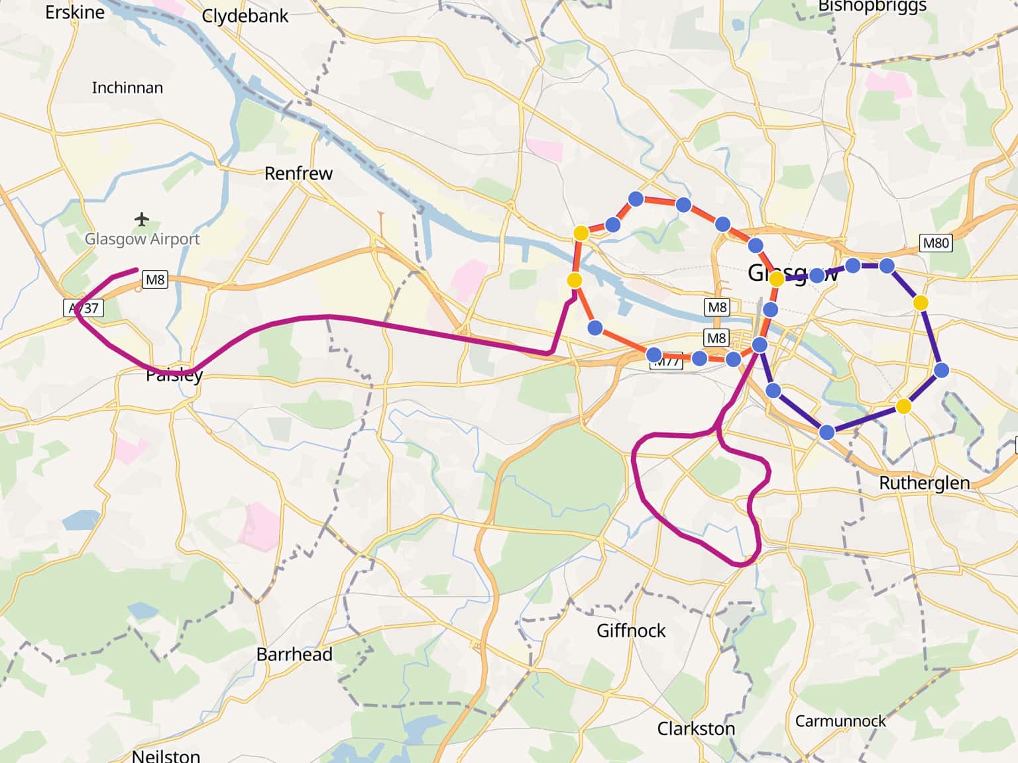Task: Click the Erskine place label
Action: click(74, 12)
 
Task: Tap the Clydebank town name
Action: click(245, 16)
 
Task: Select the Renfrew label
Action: click(298, 174)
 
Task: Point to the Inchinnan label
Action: click(127, 87)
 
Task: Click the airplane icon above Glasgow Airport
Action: click(141, 219)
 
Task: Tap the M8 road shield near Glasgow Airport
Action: click(155, 280)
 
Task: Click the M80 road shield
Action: click(936, 243)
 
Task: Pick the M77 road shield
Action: click(666, 362)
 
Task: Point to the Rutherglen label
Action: click(924, 483)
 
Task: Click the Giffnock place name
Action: click(631, 631)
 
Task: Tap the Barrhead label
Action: click(294, 654)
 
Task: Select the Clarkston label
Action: click(696, 729)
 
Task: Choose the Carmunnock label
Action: click(840, 721)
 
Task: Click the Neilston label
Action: click(166, 755)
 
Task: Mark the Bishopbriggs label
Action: click(872, 7)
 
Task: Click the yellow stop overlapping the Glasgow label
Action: click(777, 280)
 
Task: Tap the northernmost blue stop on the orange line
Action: click(636, 199)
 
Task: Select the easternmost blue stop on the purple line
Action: click(941, 370)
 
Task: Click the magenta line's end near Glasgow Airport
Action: click(137, 270)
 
